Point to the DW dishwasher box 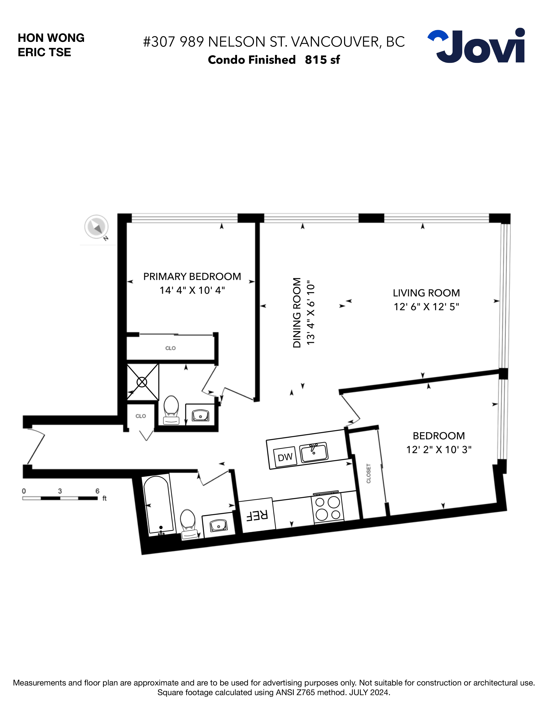(285, 457)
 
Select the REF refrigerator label (257, 515)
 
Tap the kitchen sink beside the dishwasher (313, 452)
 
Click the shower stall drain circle (142, 382)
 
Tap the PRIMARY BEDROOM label (192, 277)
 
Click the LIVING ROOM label (426, 293)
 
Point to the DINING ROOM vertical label (297, 313)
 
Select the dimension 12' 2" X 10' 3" (439, 450)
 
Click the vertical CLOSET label (369, 473)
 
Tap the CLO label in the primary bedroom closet (170, 348)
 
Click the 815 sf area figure (322, 60)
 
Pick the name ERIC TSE (44, 52)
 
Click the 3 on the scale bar (60, 491)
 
